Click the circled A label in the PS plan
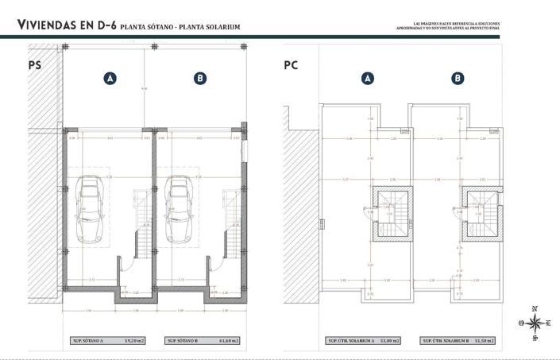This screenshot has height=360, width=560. coord(110,78)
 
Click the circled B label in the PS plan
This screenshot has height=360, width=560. coord(200,78)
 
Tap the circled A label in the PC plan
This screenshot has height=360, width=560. coord(368,78)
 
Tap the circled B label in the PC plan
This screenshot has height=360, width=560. coord(458,78)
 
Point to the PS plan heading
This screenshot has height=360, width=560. coord(34,67)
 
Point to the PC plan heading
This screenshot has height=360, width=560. coord(290,67)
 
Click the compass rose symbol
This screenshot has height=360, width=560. coord(536,322)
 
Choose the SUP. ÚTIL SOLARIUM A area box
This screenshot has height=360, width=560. coord(365,340)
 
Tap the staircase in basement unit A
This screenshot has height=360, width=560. coord(141,223)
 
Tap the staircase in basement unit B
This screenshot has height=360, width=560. coord(231,223)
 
